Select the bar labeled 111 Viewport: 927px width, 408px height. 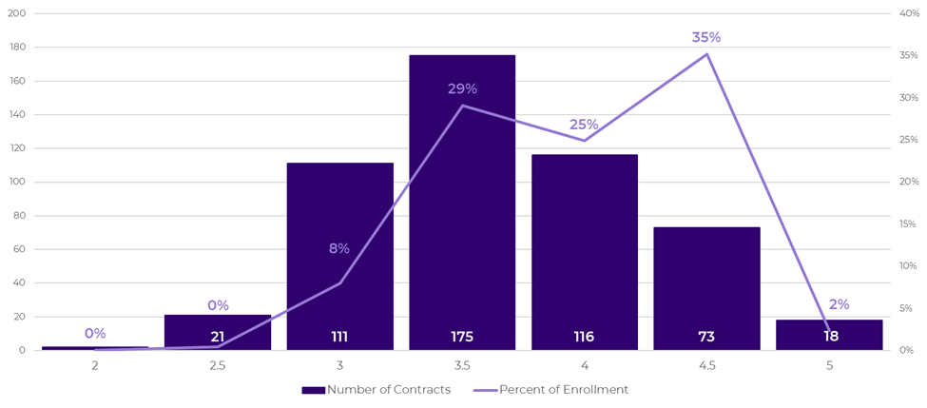(x=339, y=257)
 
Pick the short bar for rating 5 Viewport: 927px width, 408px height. (x=829, y=335)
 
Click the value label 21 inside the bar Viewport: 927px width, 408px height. (x=218, y=338)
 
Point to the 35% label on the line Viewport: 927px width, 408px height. (x=706, y=38)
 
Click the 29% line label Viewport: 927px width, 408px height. (x=462, y=89)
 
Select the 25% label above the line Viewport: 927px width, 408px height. (x=584, y=125)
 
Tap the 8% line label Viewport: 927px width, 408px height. (x=339, y=249)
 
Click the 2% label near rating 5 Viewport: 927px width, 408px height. (x=839, y=304)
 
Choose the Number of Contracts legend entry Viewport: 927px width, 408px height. (x=377, y=390)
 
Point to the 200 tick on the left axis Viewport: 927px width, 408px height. (x=16, y=13)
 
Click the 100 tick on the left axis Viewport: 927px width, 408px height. (x=16, y=182)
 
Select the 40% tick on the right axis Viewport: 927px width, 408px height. (x=909, y=13)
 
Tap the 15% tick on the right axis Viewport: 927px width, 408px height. (x=909, y=224)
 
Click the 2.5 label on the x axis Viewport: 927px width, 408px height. (x=218, y=365)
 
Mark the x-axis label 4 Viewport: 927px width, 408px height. (x=584, y=365)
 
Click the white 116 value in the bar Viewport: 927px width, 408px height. (x=584, y=338)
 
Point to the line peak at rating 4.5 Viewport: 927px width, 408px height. (x=706, y=54)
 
